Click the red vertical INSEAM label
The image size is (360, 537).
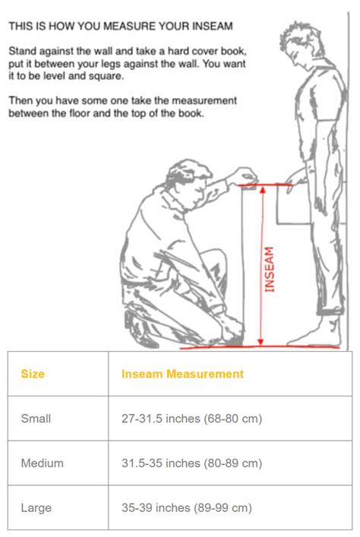[270, 270]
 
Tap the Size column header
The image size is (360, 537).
[33, 374]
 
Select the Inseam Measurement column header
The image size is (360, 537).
[182, 374]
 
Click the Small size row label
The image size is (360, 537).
[36, 419]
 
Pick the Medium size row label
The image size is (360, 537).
[42, 463]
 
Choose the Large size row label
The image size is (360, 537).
[36, 507]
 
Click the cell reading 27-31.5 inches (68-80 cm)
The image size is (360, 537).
[192, 419]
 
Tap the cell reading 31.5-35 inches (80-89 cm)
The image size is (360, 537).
[192, 463]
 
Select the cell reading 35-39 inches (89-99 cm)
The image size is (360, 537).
[187, 507]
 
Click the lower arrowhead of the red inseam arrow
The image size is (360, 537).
[261, 342]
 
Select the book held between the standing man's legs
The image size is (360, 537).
[294, 204]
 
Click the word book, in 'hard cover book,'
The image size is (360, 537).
[233, 52]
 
